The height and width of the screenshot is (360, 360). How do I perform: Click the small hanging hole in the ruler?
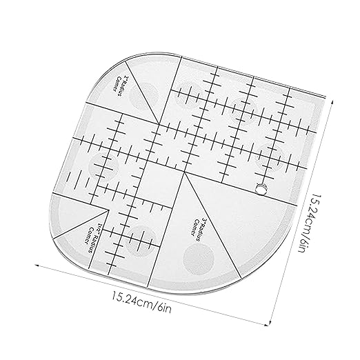pos(261,188)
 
